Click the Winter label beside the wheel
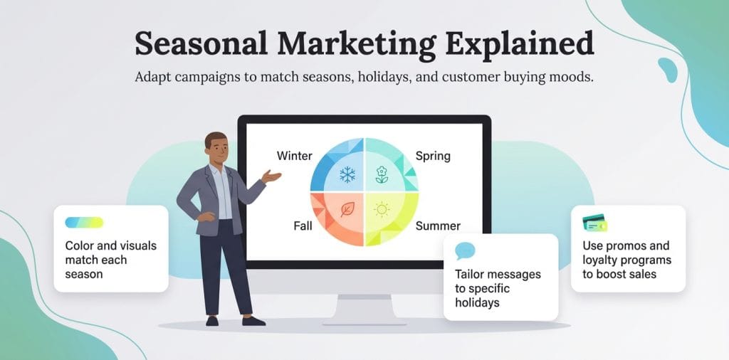click(294, 155)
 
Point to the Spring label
click(433, 156)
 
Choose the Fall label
click(303, 226)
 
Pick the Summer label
click(438, 226)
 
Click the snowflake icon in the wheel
click(347, 174)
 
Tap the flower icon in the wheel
click(382, 174)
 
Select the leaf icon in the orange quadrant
click(348, 209)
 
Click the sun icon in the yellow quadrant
click(382, 209)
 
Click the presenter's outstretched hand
click(271, 176)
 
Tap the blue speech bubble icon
click(465, 251)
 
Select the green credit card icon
click(594, 224)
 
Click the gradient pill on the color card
click(84, 223)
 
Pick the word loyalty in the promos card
click(604, 260)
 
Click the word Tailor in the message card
click(470, 274)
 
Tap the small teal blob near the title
click(667, 69)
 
